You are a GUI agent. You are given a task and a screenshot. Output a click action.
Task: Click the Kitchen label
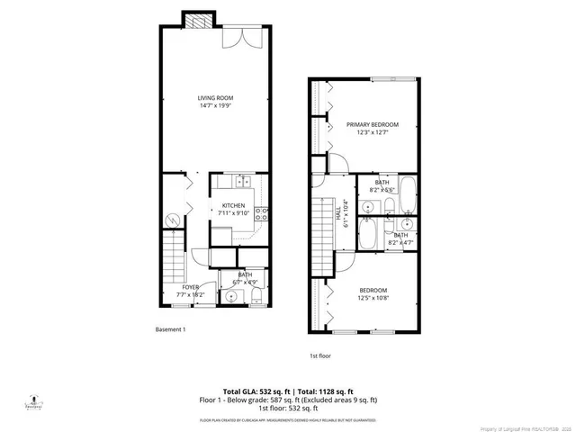[x=234, y=205]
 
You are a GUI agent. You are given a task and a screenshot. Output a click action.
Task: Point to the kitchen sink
[x=242, y=183]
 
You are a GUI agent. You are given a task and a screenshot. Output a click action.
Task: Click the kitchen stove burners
[x=262, y=214]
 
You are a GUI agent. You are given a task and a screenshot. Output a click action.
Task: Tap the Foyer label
[x=179, y=287]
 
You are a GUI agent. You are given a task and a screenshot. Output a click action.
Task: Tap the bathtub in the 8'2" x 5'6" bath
[x=408, y=193]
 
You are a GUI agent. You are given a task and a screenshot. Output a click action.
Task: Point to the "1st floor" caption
[x=320, y=355]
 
